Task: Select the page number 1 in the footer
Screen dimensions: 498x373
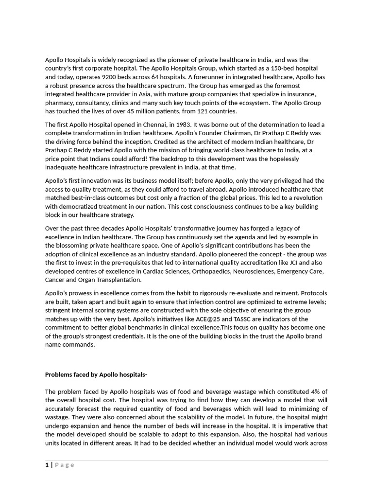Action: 47,465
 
